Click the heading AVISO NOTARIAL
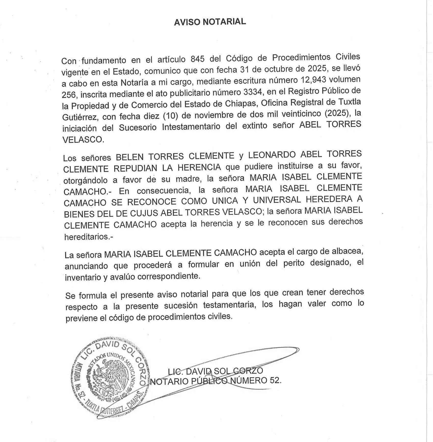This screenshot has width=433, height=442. (x=210, y=22)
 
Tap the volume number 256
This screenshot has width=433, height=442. (x=69, y=95)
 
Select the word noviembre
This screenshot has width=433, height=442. (x=211, y=115)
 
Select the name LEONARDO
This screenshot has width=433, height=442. (x=272, y=154)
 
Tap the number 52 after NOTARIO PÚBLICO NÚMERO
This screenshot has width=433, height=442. (x=275, y=381)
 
